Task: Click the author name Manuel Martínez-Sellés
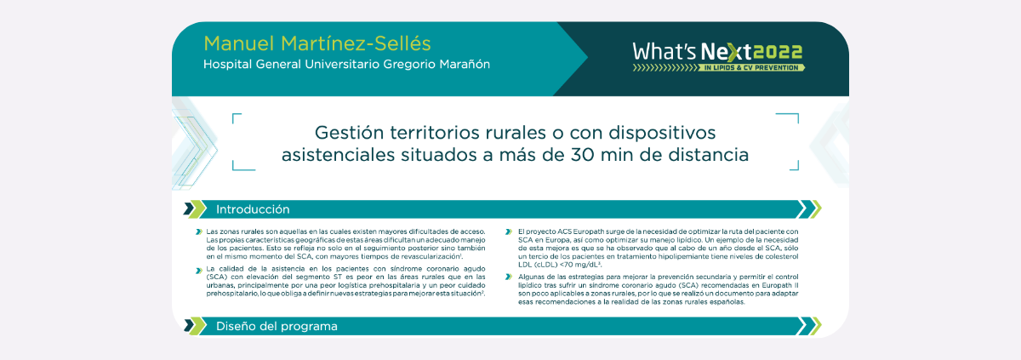(317, 43)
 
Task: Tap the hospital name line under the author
(346, 64)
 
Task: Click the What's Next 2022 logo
(718, 56)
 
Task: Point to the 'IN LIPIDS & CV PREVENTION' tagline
(751, 68)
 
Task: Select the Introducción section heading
(253, 209)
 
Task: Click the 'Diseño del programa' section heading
(277, 326)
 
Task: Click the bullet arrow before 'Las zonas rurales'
(199, 232)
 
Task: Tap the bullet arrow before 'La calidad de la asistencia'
(199, 271)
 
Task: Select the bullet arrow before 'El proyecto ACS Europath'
(509, 232)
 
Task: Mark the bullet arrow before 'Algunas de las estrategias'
(509, 277)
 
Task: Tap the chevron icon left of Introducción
(195, 209)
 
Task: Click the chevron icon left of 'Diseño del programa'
(195, 326)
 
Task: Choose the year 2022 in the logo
(779, 52)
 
